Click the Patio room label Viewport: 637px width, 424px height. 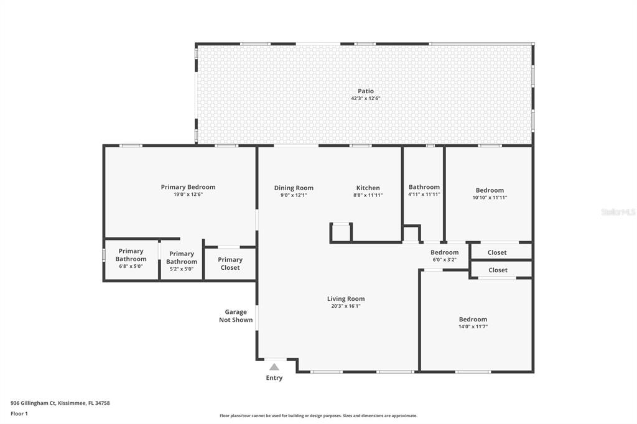pyautogui.click(x=366, y=91)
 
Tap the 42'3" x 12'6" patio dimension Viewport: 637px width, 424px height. pyautogui.click(x=366, y=98)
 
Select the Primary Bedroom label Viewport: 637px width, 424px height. pyautogui.click(x=188, y=187)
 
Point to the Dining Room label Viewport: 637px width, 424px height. pyautogui.click(x=294, y=188)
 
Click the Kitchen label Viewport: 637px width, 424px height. pyautogui.click(x=368, y=188)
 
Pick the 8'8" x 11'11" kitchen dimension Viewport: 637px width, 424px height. pyautogui.click(x=368, y=195)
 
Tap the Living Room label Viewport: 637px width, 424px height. pyautogui.click(x=346, y=299)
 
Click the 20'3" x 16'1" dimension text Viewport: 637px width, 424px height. pyautogui.click(x=346, y=306)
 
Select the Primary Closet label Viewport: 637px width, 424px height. pyautogui.click(x=230, y=264)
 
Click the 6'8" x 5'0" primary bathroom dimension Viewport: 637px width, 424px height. pyautogui.click(x=131, y=267)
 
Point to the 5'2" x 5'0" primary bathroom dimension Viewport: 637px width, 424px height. pyautogui.click(x=182, y=269)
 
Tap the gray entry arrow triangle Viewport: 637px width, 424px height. pyautogui.click(x=274, y=367)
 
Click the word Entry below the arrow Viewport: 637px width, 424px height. pyautogui.click(x=274, y=378)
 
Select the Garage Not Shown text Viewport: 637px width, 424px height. pyautogui.click(x=236, y=316)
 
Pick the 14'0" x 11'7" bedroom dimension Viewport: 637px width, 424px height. pyautogui.click(x=473, y=326)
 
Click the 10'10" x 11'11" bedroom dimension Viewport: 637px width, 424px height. pyautogui.click(x=490, y=197)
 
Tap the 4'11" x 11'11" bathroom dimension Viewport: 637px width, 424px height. pyautogui.click(x=424, y=194)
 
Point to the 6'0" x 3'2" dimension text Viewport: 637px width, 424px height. pyautogui.click(x=444, y=259)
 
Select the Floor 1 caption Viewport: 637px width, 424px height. pyautogui.click(x=19, y=414)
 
